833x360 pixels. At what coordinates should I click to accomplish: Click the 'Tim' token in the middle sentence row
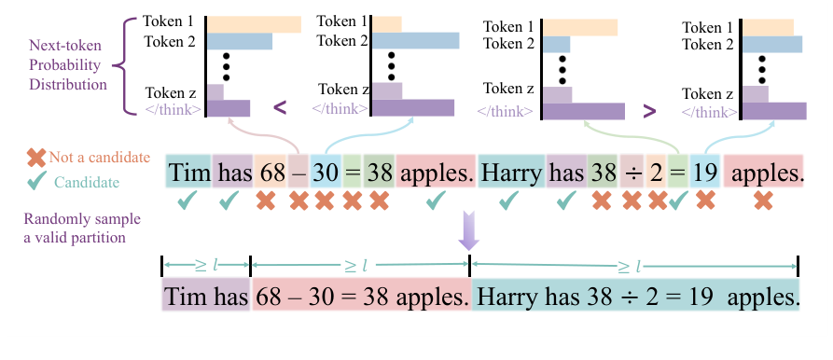click(x=189, y=173)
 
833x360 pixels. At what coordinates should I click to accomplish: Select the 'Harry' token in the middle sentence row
click(x=511, y=173)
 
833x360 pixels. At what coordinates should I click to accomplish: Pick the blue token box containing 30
click(x=325, y=173)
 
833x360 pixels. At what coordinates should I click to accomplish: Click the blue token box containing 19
click(x=705, y=173)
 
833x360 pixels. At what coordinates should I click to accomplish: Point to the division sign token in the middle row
click(x=632, y=173)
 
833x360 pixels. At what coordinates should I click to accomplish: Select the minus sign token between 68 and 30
click(x=298, y=173)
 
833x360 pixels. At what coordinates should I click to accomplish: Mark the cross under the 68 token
click(x=267, y=200)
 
